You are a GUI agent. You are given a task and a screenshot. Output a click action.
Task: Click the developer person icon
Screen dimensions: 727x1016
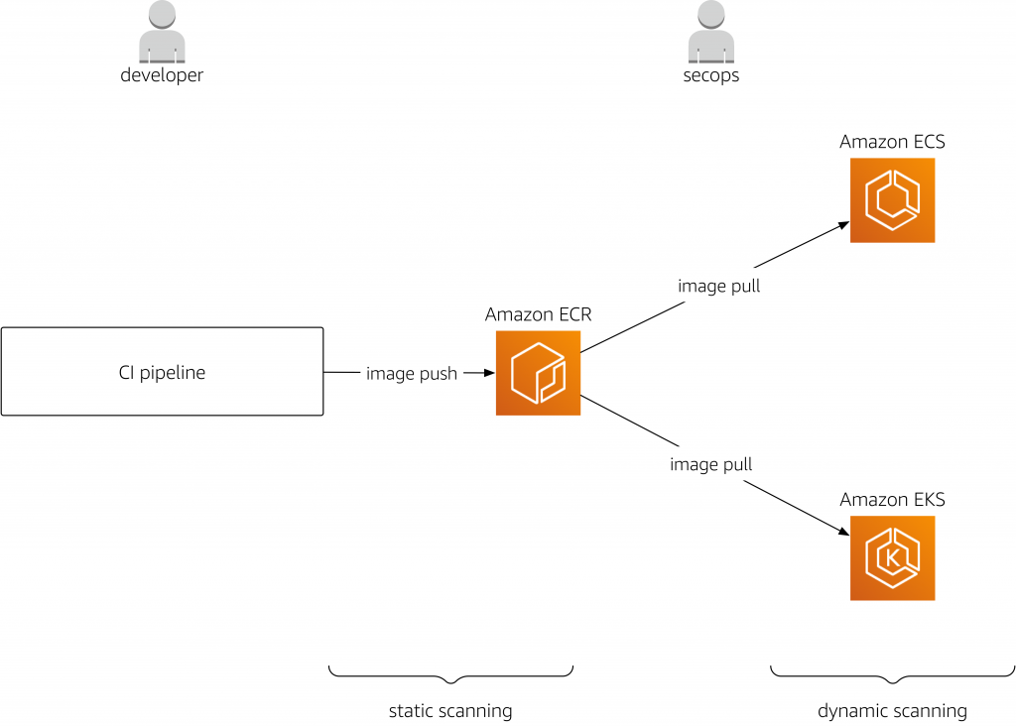pyautogui.click(x=162, y=34)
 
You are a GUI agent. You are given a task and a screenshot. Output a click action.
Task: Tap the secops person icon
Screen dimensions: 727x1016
pyautogui.click(x=711, y=34)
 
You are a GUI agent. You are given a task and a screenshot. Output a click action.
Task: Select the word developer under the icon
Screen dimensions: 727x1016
pyautogui.click(x=162, y=75)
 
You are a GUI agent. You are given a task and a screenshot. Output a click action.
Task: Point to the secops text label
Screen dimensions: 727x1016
pyautogui.click(x=711, y=75)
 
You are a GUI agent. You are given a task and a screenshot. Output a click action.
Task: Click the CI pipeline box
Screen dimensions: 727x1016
pyautogui.click(x=162, y=372)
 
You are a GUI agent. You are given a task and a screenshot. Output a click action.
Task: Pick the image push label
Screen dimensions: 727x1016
pyautogui.click(x=412, y=374)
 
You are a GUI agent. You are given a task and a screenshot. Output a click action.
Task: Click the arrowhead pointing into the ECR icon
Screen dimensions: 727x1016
pyautogui.click(x=487, y=373)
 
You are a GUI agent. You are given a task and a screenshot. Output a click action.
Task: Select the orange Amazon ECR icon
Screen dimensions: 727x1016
pyautogui.click(x=538, y=373)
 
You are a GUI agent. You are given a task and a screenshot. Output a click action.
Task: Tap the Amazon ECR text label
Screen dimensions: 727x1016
pyautogui.click(x=538, y=314)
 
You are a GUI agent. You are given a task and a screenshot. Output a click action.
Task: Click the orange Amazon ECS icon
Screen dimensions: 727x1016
pyautogui.click(x=892, y=200)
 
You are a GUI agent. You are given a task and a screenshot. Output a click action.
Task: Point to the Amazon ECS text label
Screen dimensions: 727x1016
pyautogui.click(x=892, y=142)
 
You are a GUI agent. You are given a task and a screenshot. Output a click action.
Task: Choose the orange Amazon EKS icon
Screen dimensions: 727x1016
pyautogui.click(x=892, y=557)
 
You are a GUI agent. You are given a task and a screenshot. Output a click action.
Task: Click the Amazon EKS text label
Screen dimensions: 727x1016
pyautogui.click(x=892, y=500)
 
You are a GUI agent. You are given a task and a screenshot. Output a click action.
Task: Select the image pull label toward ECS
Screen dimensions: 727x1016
pyautogui.click(x=719, y=286)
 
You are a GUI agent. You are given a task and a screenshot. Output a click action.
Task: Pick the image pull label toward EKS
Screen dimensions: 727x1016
pyautogui.click(x=711, y=464)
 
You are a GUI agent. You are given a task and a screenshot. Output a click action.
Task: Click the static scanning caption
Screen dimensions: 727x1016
pyautogui.click(x=450, y=710)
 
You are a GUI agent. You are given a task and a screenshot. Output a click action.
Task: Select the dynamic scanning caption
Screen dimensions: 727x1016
pyautogui.click(x=892, y=710)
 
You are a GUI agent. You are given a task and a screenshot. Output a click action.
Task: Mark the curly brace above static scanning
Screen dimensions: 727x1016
pyautogui.click(x=450, y=675)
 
